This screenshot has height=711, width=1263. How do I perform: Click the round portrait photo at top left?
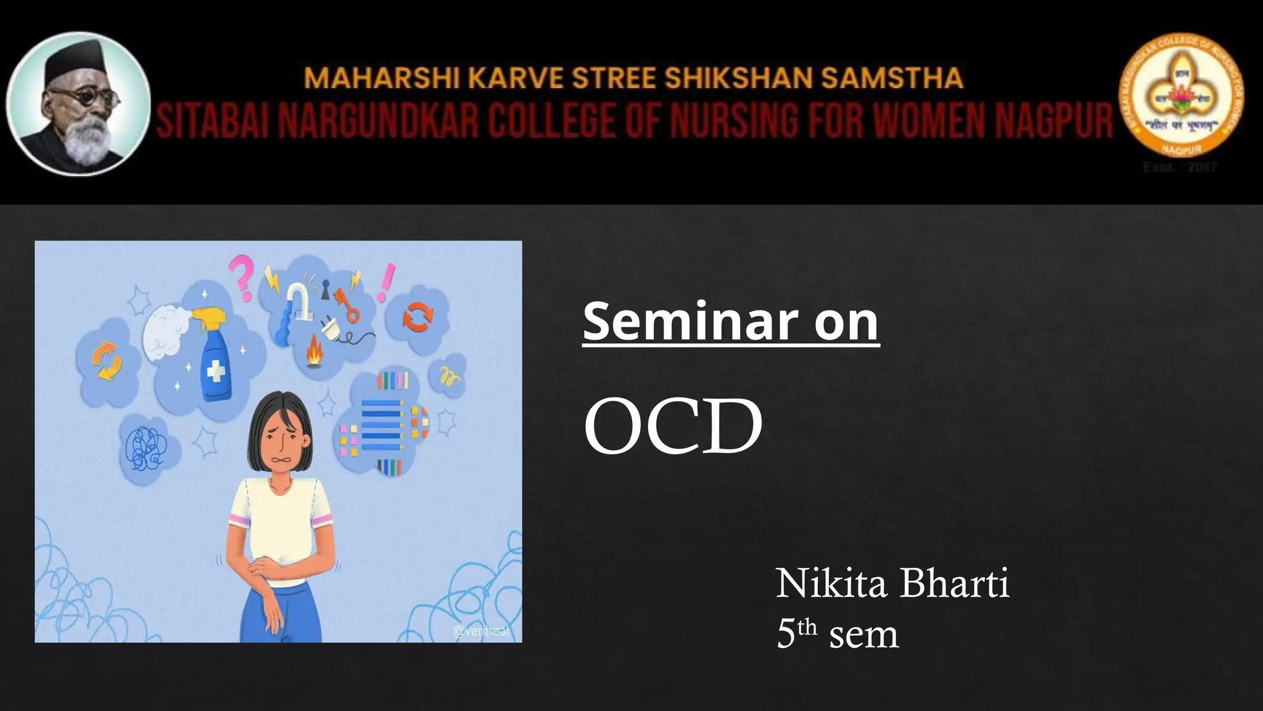pos(78,104)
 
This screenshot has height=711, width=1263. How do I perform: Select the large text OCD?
pos(673,426)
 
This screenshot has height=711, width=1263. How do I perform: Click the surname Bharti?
pos(954,583)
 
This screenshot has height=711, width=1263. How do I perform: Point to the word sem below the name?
pos(863,634)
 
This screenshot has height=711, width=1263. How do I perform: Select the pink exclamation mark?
pos(387,282)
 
